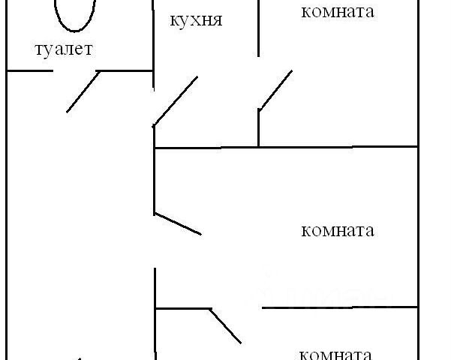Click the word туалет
pos(64,50)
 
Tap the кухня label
pos(196,19)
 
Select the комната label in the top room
pos(337,12)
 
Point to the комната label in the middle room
pos(337,230)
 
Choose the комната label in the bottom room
pos(335,354)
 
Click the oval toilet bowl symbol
pos(76,13)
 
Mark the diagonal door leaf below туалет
pos(83,90)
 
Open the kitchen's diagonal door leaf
pos(176,100)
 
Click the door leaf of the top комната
pos(275,91)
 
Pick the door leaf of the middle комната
pos(177,223)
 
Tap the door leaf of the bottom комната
pos(225,325)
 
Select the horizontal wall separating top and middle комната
pos(285,148)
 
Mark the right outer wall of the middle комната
pos(417,225)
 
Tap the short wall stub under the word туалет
pos(29,70)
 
